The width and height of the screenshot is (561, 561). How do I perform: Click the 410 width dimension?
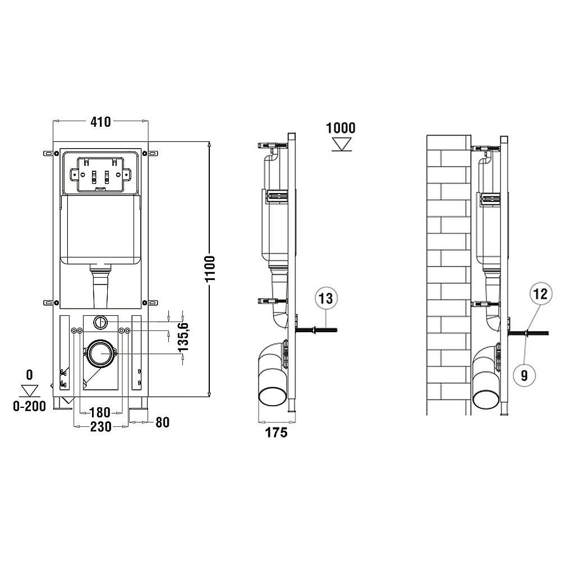click(100, 122)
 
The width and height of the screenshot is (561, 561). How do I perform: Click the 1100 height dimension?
click(210, 269)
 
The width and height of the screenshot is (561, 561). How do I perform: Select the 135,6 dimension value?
click(183, 337)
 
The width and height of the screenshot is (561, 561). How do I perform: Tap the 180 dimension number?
click(99, 412)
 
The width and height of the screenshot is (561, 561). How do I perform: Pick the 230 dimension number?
click(100, 426)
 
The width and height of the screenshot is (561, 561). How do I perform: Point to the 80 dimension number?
click(163, 422)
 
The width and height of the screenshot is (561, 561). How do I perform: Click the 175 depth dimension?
click(276, 433)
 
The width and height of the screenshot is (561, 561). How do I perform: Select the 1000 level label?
click(341, 128)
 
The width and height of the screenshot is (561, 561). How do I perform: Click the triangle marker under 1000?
click(341, 144)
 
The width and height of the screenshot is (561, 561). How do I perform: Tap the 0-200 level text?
click(29, 406)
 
